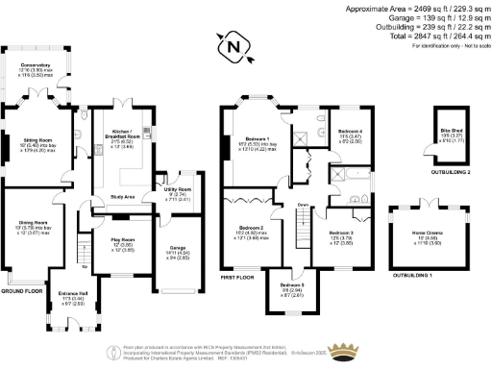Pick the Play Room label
(122, 240)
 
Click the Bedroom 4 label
(350, 131)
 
